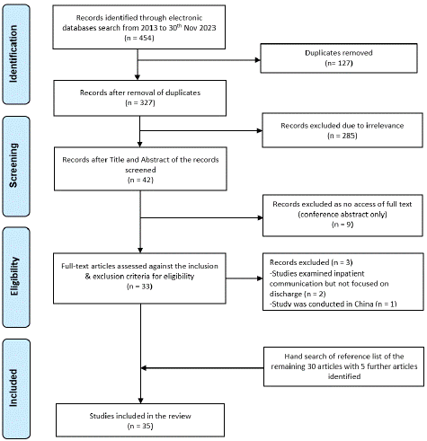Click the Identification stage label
click(13, 54)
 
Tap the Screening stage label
click(13, 165)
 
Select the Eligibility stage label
click(13, 276)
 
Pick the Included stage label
click(13, 388)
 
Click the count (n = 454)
click(139, 38)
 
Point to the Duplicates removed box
click(339, 58)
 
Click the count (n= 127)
click(339, 63)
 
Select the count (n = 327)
click(140, 102)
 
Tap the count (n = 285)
click(342, 136)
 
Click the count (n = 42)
click(140, 180)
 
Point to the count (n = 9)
click(342, 225)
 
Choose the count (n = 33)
click(139, 287)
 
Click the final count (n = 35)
click(140, 426)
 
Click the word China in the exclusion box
click(363, 304)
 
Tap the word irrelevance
click(384, 126)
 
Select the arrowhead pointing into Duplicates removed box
click(258, 60)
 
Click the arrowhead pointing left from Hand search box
click(144, 367)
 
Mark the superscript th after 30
click(179, 25)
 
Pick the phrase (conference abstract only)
click(342, 215)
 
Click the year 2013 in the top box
click(147, 28)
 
